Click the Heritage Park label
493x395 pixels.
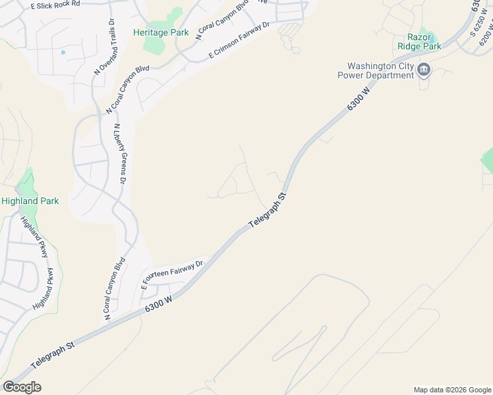pyautogui.click(x=161, y=32)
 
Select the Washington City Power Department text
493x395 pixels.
pyautogui.click(x=380, y=70)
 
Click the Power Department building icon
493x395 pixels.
pyautogui.click(x=424, y=70)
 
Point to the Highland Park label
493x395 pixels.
pyautogui.click(x=30, y=201)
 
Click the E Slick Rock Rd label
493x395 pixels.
pyautogui.click(x=55, y=4)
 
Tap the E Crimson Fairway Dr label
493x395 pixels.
pyautogui.click(x=239, y=41)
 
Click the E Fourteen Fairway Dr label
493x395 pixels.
pyautogui.click(x=173, y=273)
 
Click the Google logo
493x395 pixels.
pyautogui.click(x=22, y=387)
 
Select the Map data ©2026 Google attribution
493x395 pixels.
pyautogui.click(x=451, y=390)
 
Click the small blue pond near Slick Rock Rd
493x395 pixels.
pyautogui.click(x=63, y=52)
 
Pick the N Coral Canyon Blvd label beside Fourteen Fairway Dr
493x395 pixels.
pyautogui.click(x=115, y=290)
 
